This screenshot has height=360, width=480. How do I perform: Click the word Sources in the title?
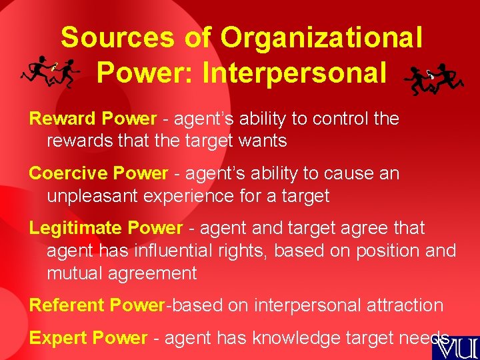click(119, 38)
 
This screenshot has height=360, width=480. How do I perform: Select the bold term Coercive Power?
click(99, 173)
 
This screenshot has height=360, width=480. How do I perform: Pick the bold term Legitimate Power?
click(105, 228)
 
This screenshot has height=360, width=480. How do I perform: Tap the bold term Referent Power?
click(97, 305)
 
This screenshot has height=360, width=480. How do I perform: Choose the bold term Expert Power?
click(87, 338)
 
